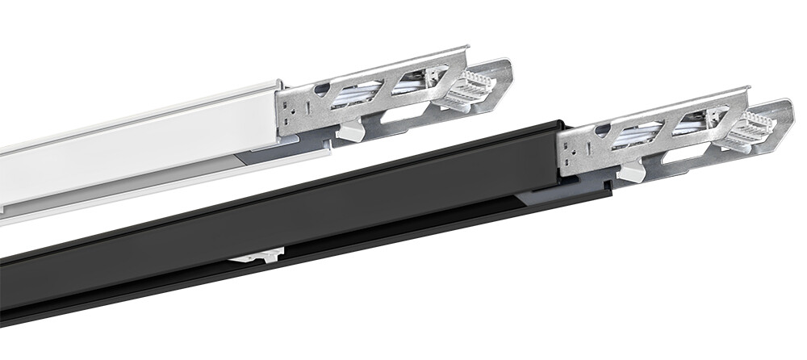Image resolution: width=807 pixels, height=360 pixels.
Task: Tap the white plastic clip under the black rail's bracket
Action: tap(632, 171)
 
